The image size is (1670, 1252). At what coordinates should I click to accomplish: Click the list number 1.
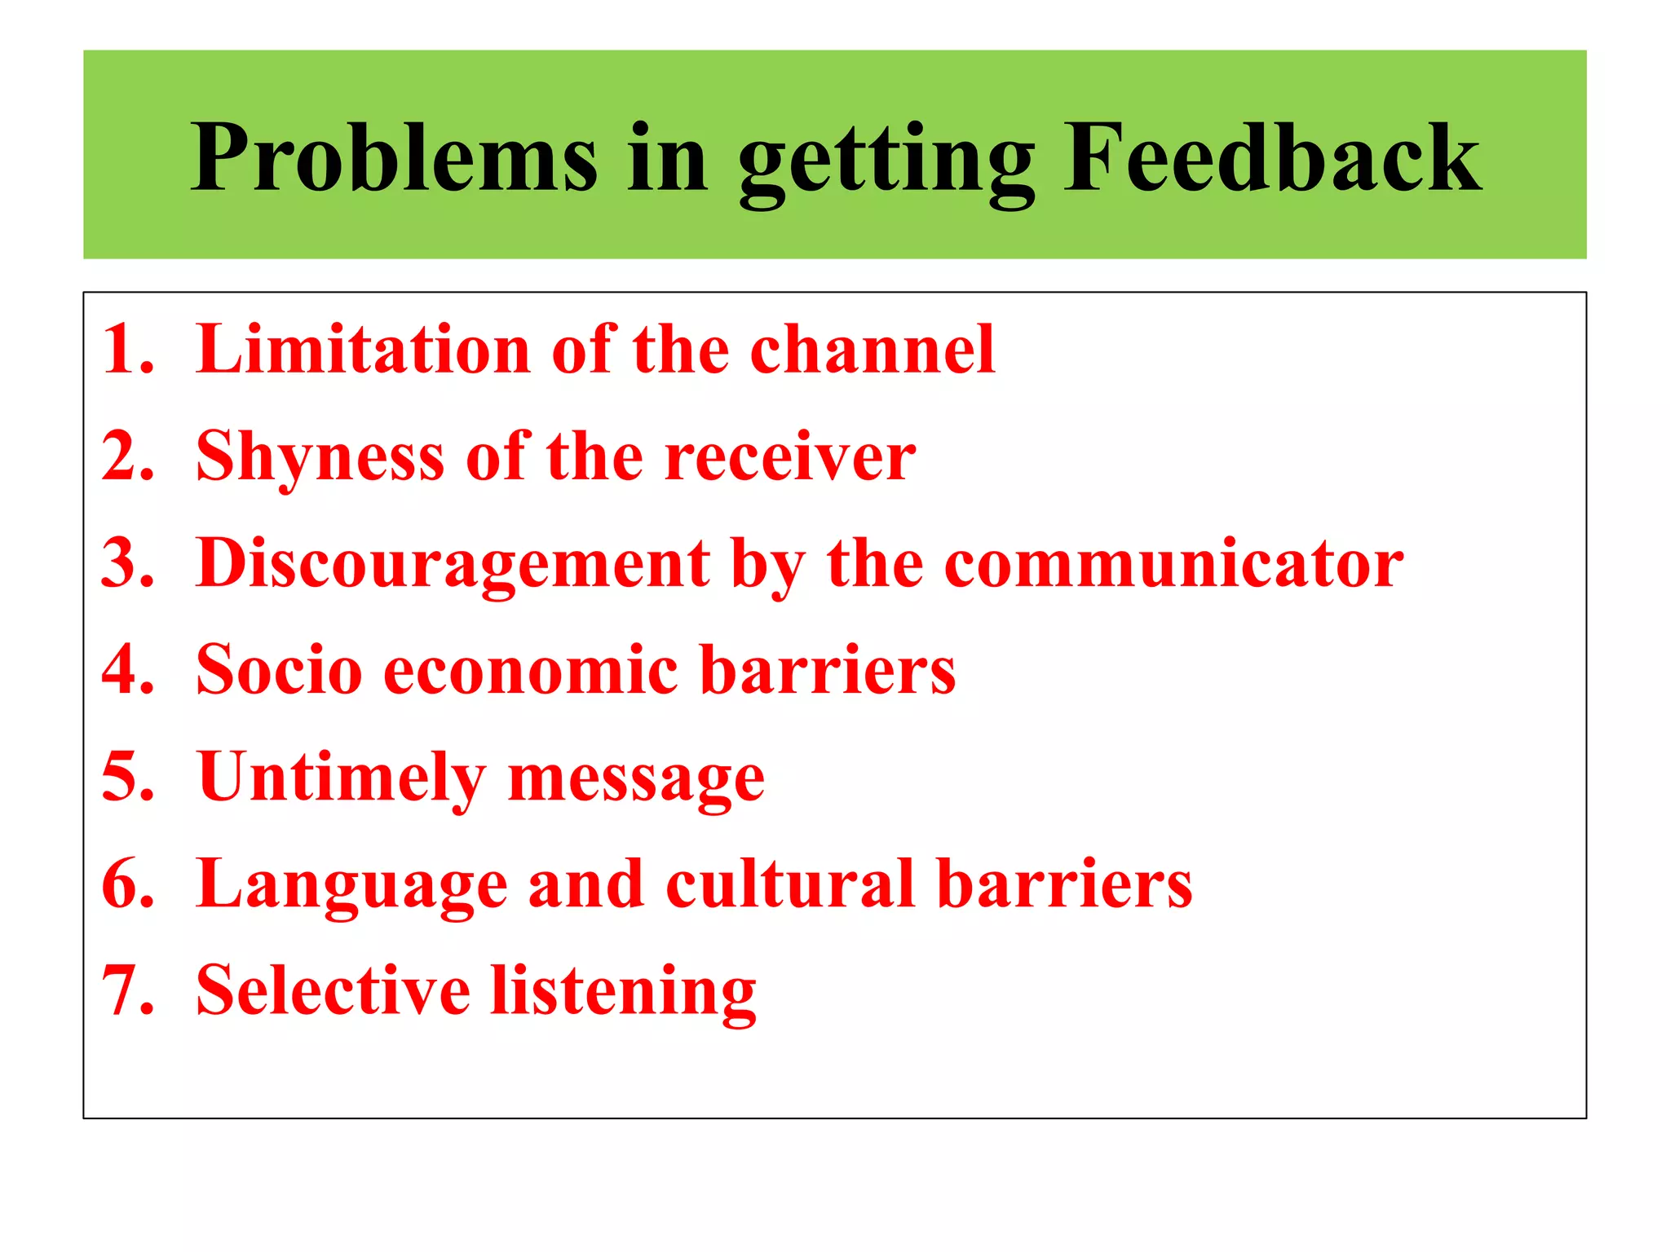pos(126,349)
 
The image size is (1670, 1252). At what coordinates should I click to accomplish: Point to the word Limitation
pos(364,349)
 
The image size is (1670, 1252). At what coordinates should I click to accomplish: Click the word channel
pos(873,349)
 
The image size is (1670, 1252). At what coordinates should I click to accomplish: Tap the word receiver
pos(790,456)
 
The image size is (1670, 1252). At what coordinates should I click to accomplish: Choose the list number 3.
pos(126,562)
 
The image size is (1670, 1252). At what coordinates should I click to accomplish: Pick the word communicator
pos(1173,564)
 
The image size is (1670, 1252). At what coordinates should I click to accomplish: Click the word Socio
pos(279,670)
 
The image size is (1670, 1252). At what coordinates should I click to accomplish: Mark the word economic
pos(531,670)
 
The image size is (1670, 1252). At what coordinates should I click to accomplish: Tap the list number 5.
pos(126,776)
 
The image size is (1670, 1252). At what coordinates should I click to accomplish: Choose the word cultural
pos(790,884)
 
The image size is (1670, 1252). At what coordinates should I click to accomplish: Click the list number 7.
pos(126,990)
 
